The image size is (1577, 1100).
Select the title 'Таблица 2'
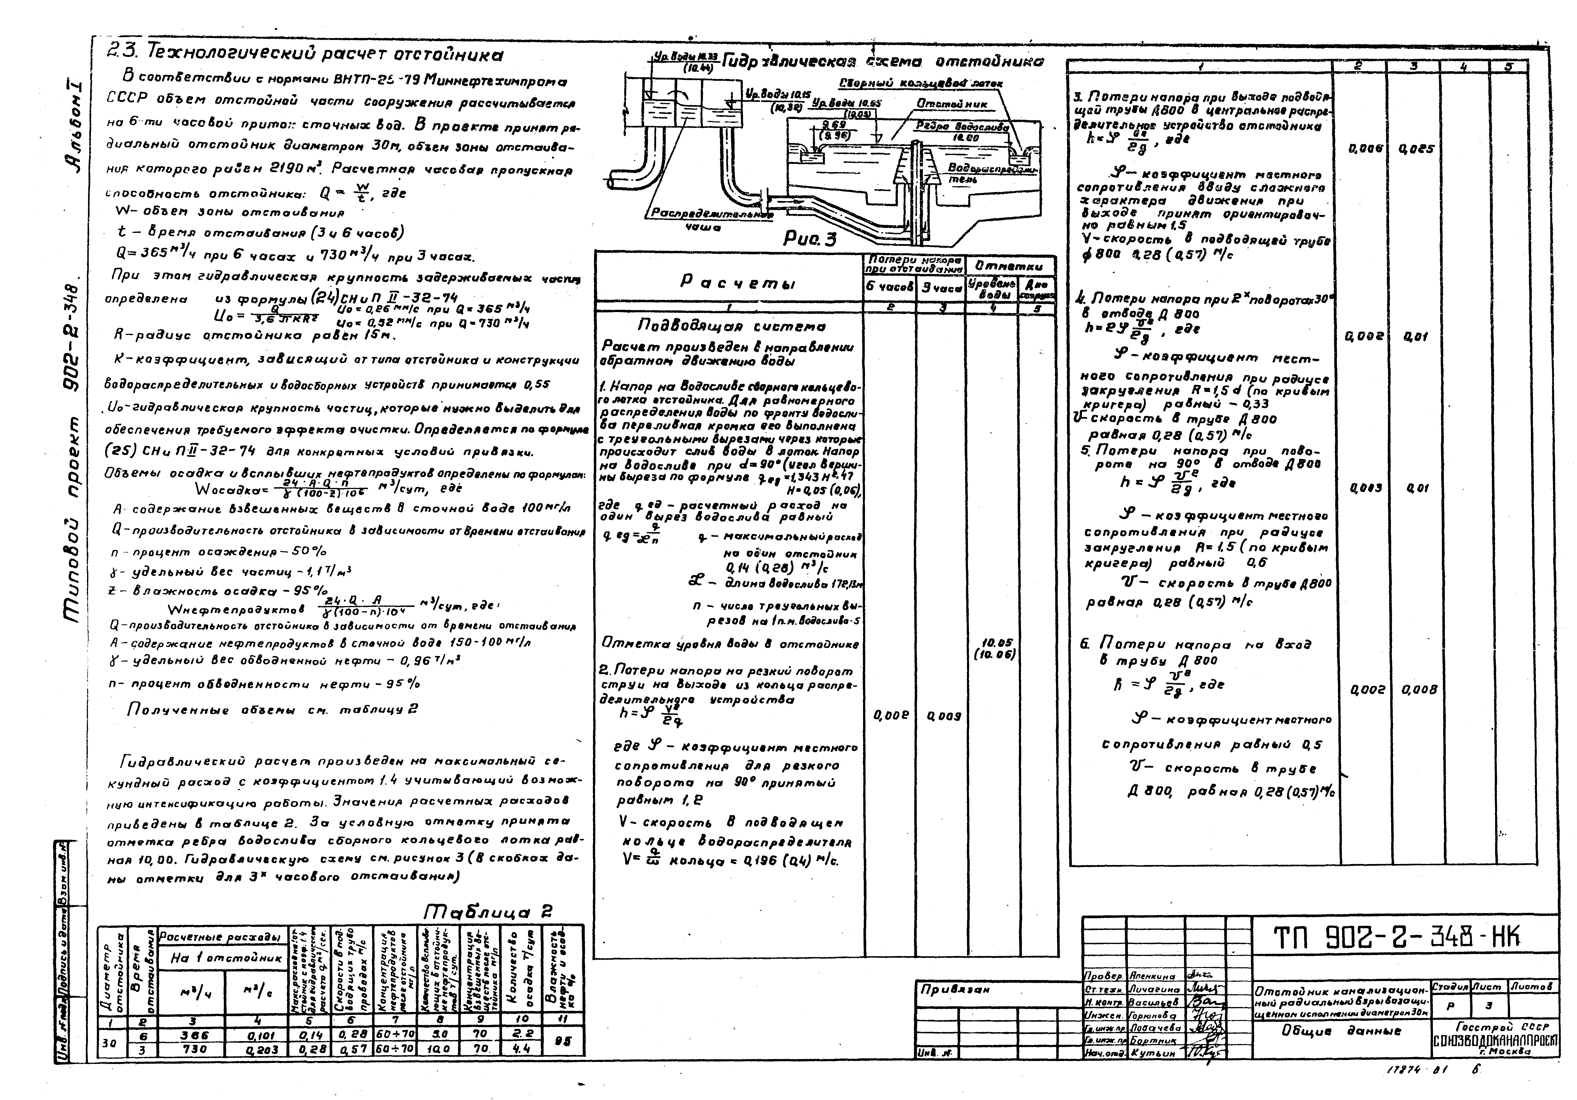tap(488, 912)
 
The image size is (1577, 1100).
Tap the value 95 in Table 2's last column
tap(563, 1042)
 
